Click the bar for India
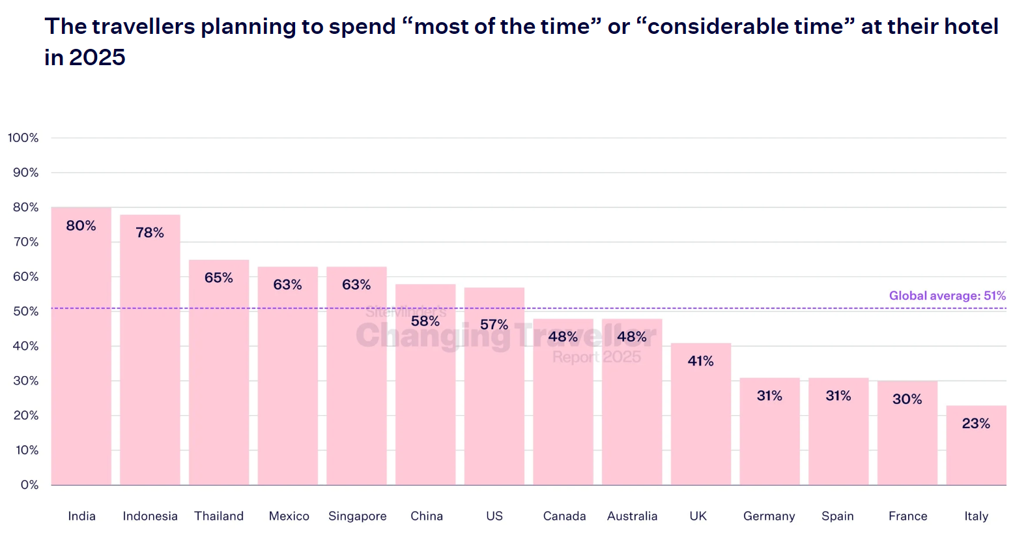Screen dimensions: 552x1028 81,352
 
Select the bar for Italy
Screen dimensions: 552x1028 976,450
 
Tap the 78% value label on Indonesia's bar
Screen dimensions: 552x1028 150,233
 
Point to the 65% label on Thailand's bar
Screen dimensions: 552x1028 219,278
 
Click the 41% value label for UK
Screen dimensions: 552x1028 701,361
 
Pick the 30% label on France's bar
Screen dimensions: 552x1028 907,399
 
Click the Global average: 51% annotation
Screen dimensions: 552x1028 947,296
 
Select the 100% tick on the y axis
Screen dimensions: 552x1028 23,138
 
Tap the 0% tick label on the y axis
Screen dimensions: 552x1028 29,485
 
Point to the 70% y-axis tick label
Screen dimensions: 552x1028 26,242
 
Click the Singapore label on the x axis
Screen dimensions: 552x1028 358,516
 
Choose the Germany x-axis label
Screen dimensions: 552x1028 769,516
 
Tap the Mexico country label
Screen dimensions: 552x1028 289,516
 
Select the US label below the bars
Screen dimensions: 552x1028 494,516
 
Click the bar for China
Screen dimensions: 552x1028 425,404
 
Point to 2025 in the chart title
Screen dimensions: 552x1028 97,57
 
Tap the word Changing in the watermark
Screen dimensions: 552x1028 433,336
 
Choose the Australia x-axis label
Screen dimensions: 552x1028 632,516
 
